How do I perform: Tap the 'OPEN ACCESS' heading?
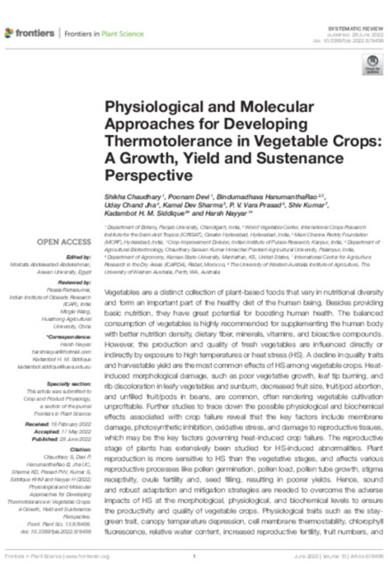[63, 242]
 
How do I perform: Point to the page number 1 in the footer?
[194, 556]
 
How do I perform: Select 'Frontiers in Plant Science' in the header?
[104, 33]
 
